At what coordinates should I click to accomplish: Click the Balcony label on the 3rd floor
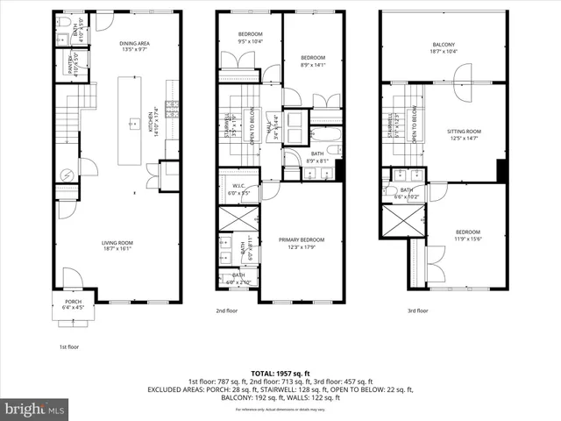pyautogui.click(x=443, y=48)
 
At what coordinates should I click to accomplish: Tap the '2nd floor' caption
pyautogui.click(x=227, y=310)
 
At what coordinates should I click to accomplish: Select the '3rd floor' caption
pyautogui.click(x=417, y=310)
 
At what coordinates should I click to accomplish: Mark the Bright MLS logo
pyautogui.click(x=35, y=410)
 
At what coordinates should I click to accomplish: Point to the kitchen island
pyautogui.click(x=133, y=122)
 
